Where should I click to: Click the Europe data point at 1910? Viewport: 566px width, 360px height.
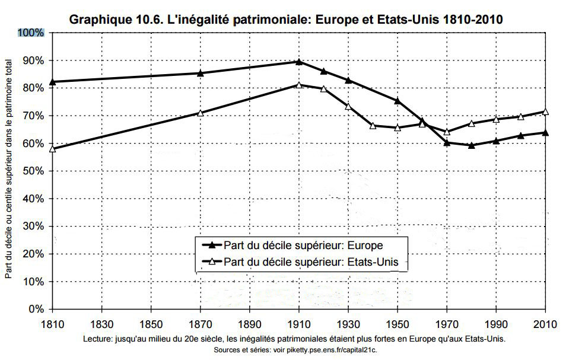[x=299, y=61]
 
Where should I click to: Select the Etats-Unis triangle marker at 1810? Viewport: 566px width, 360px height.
[x=52, y=148]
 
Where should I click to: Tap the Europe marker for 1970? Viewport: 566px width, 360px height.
[x=447, y=142]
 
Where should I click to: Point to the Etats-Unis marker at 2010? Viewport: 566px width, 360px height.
[x=545, y=111]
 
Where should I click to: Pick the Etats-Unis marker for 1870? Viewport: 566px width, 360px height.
[x=201, y=113]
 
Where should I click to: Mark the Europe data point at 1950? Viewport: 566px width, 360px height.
[x=398, y=101]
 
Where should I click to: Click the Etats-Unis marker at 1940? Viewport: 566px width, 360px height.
[x=373, y=125]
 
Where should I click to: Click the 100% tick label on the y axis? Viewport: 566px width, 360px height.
[x=33, y=33]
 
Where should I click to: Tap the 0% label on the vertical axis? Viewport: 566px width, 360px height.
[x=37, y=310]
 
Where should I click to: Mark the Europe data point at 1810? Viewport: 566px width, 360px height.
[x=52, y=81]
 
